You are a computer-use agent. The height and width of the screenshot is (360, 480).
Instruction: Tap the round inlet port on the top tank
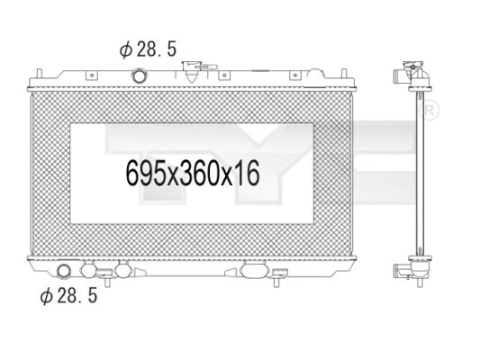click(x=140, y=75)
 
